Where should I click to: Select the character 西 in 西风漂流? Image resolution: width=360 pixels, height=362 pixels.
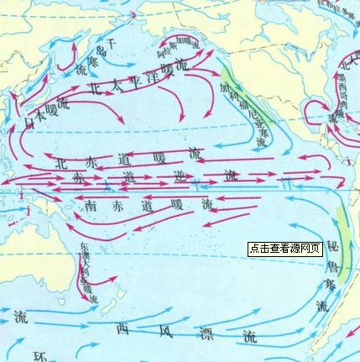pos(123,328)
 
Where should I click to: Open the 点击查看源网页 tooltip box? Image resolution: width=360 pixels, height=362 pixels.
pos(284,249)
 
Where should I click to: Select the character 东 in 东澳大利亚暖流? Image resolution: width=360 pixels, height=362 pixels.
pos(82,248)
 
